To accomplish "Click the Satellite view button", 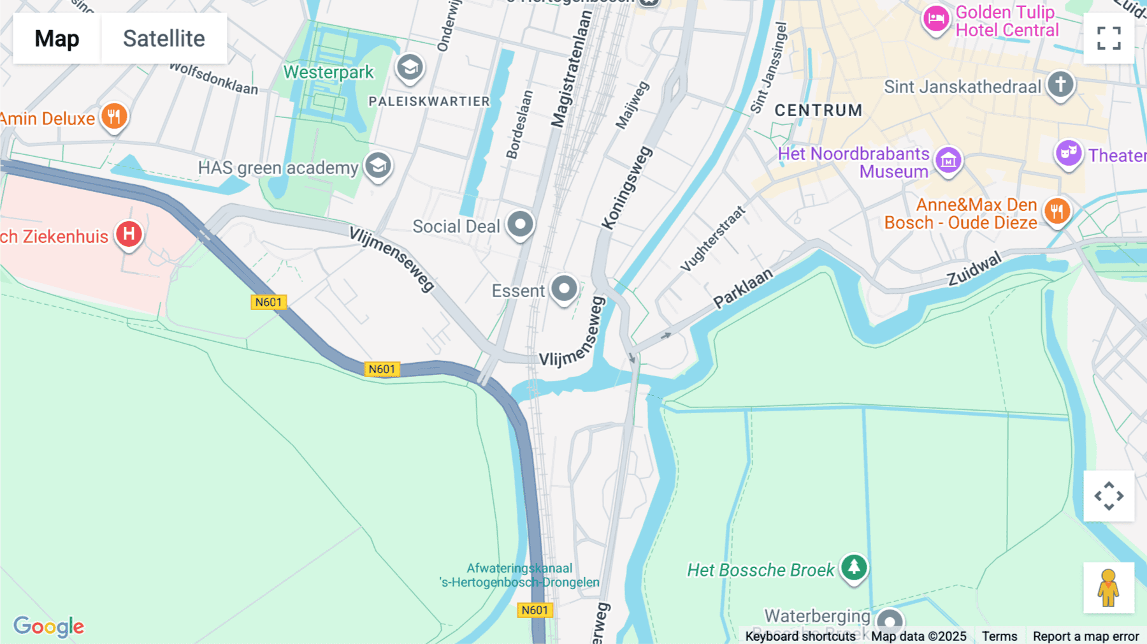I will tap(164, 38).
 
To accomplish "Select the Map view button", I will tap(57, 38).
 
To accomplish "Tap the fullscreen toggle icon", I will tap(1109, 38).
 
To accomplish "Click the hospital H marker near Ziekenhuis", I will tap(129, 234).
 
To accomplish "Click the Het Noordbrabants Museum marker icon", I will tap(948, 161).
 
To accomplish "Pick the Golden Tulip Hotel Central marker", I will tap(935, 19).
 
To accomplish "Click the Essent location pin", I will tap(564, 289).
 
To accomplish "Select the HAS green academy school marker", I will tap(378, 166).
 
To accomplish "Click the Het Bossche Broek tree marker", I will tap(854, 567).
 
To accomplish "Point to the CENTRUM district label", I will tap(818, 110).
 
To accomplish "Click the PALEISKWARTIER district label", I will tap(429, 101).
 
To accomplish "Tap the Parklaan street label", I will tap(742, 288).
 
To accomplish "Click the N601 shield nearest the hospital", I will tap(268, 302).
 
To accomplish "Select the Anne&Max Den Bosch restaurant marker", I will tap(1057, 211).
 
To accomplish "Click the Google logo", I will tap(49, 626).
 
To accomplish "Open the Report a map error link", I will tap(1085, 636).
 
